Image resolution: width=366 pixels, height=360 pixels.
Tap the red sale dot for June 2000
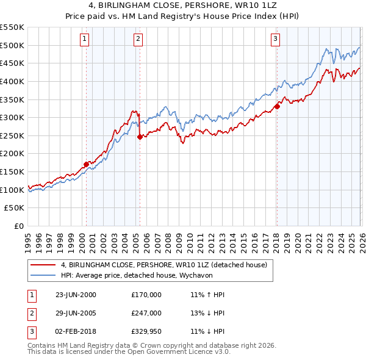(87, 164)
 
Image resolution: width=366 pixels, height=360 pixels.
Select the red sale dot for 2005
(140, 137)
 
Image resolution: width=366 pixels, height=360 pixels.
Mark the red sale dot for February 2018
(277, 106)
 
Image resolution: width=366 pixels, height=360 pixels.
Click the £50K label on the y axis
(15, 208)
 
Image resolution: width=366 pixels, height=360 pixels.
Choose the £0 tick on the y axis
(20, 226)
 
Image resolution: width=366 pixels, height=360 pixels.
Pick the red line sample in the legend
(43, 265)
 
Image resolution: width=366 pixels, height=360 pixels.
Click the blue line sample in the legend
(43, 276)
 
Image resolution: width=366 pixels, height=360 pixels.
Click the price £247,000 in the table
(146, 313)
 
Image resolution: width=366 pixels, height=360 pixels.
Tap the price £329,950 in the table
(146, 332)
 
